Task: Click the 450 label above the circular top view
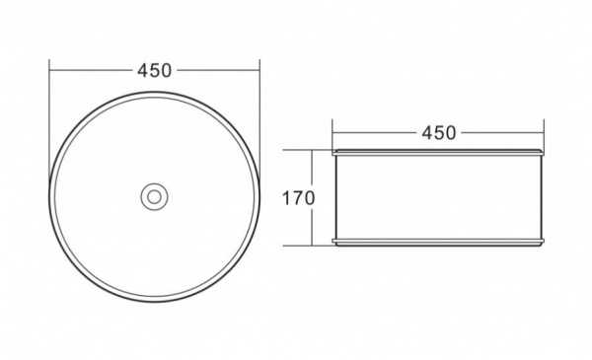click(154, 71)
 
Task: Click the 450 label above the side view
click(439, 133)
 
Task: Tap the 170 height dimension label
click(298, 198)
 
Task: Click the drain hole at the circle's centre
click(154, 196)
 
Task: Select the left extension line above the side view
click(333, 135)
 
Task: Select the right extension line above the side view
click(544, 135)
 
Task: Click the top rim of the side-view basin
click(438, 152)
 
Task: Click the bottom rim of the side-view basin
click(438, 243)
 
